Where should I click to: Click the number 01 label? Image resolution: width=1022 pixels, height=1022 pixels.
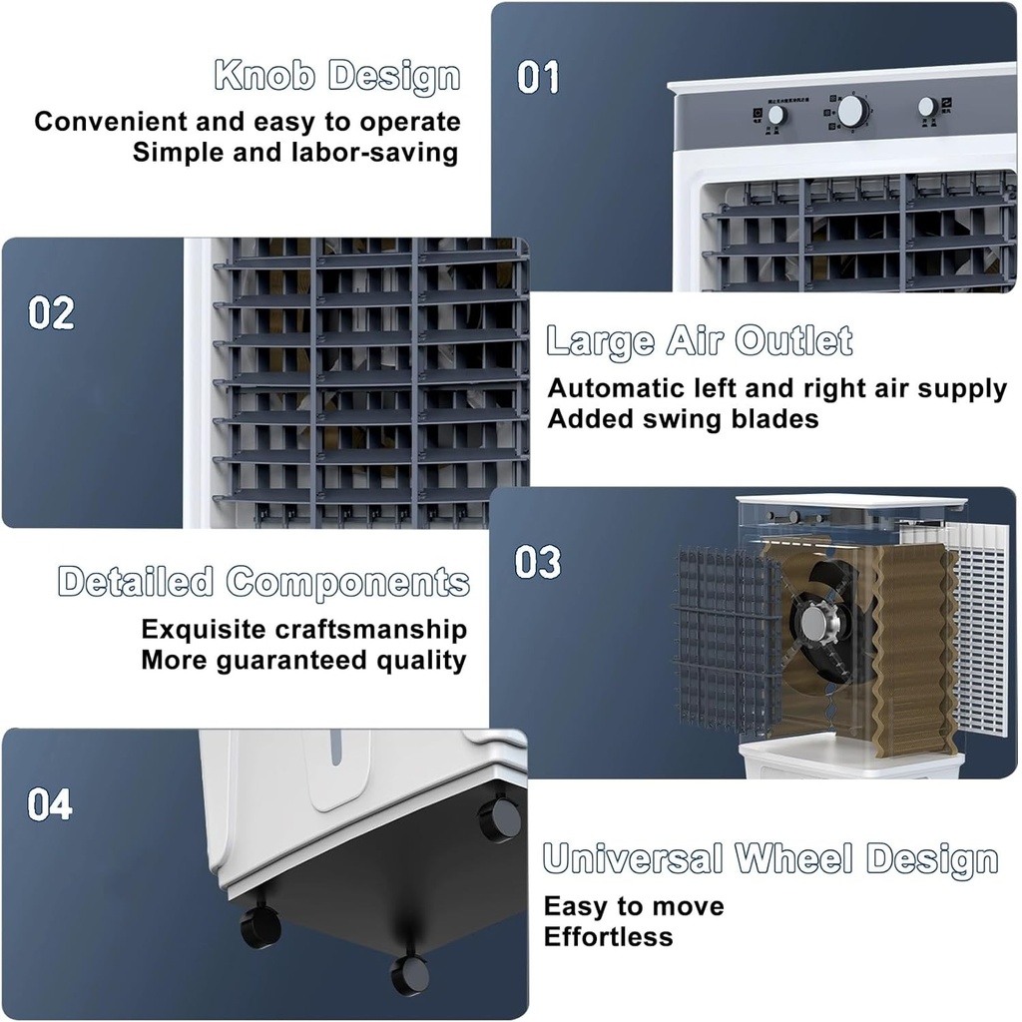(x=538, y=78)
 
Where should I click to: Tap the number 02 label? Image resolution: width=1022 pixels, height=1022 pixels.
(x=51, y=313)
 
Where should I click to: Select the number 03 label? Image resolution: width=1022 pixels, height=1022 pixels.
(x=538, y=562)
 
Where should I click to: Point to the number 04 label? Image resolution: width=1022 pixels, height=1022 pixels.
(x=50, y=804)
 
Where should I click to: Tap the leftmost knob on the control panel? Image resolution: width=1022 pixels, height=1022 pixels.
(x=776, y=115)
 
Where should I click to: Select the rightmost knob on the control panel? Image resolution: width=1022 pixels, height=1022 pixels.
(x=927, y=107)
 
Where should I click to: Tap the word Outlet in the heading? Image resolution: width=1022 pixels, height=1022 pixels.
(x=794, y=341)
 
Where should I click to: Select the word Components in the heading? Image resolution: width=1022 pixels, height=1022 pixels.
(x=348, y=582)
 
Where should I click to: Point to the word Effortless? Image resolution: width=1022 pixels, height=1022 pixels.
(x=608, y=937)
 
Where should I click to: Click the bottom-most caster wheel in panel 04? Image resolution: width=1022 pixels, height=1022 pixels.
(x=409, y=974)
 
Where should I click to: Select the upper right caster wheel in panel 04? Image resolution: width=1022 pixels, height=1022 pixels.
(x=499, y=819)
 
